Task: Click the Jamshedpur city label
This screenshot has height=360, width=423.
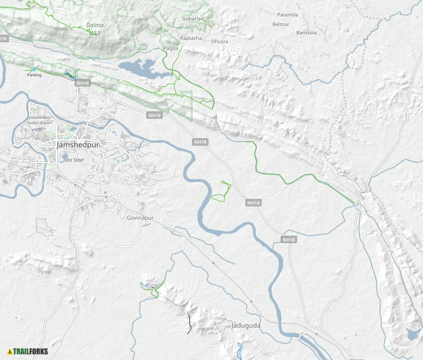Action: (x=78, y=145)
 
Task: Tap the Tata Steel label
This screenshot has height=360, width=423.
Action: (x=72, y=160)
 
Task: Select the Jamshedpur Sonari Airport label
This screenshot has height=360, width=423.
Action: (x=41, y=119)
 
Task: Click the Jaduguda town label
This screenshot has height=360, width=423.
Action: (x=246, y=326)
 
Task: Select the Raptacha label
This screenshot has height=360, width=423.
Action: (x=191, y=38)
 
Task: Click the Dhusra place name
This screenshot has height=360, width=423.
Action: (x=219, y=41)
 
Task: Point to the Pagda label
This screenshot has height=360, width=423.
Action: (x=171, y=48)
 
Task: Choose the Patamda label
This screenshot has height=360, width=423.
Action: (x=287, y=15)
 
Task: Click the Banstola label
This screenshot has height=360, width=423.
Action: (x=306, y=33)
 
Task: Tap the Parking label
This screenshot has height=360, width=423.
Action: (x=34, y=75)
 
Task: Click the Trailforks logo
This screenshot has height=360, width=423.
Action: (x=28, y=352)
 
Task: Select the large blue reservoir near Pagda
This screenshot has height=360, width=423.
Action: (x=141, y=69)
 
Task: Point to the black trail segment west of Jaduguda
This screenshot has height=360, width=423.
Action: (x=189, y=323)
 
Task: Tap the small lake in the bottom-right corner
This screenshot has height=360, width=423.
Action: (x=412, y=335)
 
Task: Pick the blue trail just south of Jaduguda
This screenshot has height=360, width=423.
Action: (x=239, y=350)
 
